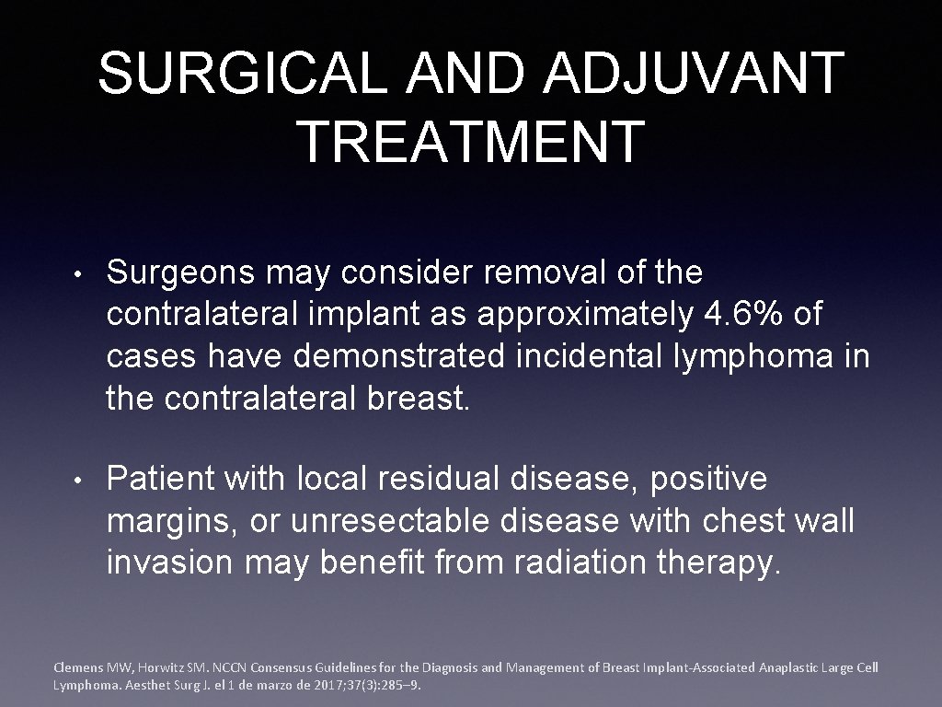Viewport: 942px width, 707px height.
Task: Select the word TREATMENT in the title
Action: coord(471,142)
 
